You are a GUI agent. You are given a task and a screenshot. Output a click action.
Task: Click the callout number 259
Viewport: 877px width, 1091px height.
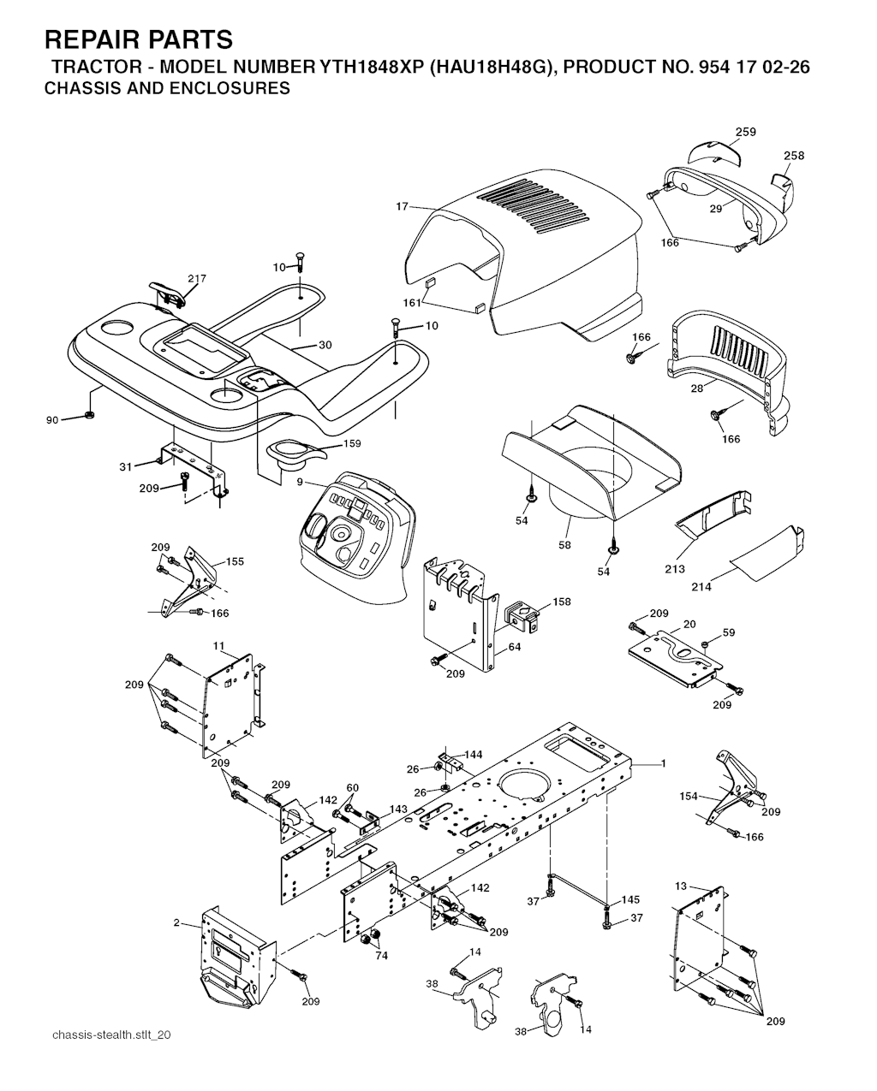tap(746, 132)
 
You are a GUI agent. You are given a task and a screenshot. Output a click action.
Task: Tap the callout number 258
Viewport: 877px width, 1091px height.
tap(794, 156)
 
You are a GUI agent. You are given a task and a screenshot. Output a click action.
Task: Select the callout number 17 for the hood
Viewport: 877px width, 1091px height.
tap(402, 207)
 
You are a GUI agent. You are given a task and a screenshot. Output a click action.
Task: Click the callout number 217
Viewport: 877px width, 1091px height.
tap(197, 278)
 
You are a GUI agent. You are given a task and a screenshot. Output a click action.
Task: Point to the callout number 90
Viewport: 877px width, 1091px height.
tap(52, 420)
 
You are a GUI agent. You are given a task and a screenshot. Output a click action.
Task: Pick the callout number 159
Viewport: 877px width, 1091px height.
tap(352, 443)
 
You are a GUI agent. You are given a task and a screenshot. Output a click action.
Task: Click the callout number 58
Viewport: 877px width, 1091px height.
tap(564, 545)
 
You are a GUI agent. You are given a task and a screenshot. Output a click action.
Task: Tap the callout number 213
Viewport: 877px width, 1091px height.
tap(675, 569)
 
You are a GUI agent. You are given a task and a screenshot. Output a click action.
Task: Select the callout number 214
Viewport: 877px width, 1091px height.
tap(701, 587)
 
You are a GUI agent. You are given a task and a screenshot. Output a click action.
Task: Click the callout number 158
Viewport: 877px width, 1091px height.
tap(562, 602)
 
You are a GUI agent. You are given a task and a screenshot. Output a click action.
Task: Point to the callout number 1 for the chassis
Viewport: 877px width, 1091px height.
tap(664, 777)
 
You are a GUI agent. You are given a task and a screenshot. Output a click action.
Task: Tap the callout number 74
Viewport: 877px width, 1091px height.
tap(381, 956)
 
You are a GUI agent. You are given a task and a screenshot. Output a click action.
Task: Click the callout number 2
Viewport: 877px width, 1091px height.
tap(176, 922)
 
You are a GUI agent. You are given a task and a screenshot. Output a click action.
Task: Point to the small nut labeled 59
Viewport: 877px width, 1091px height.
tap(706, 644)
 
